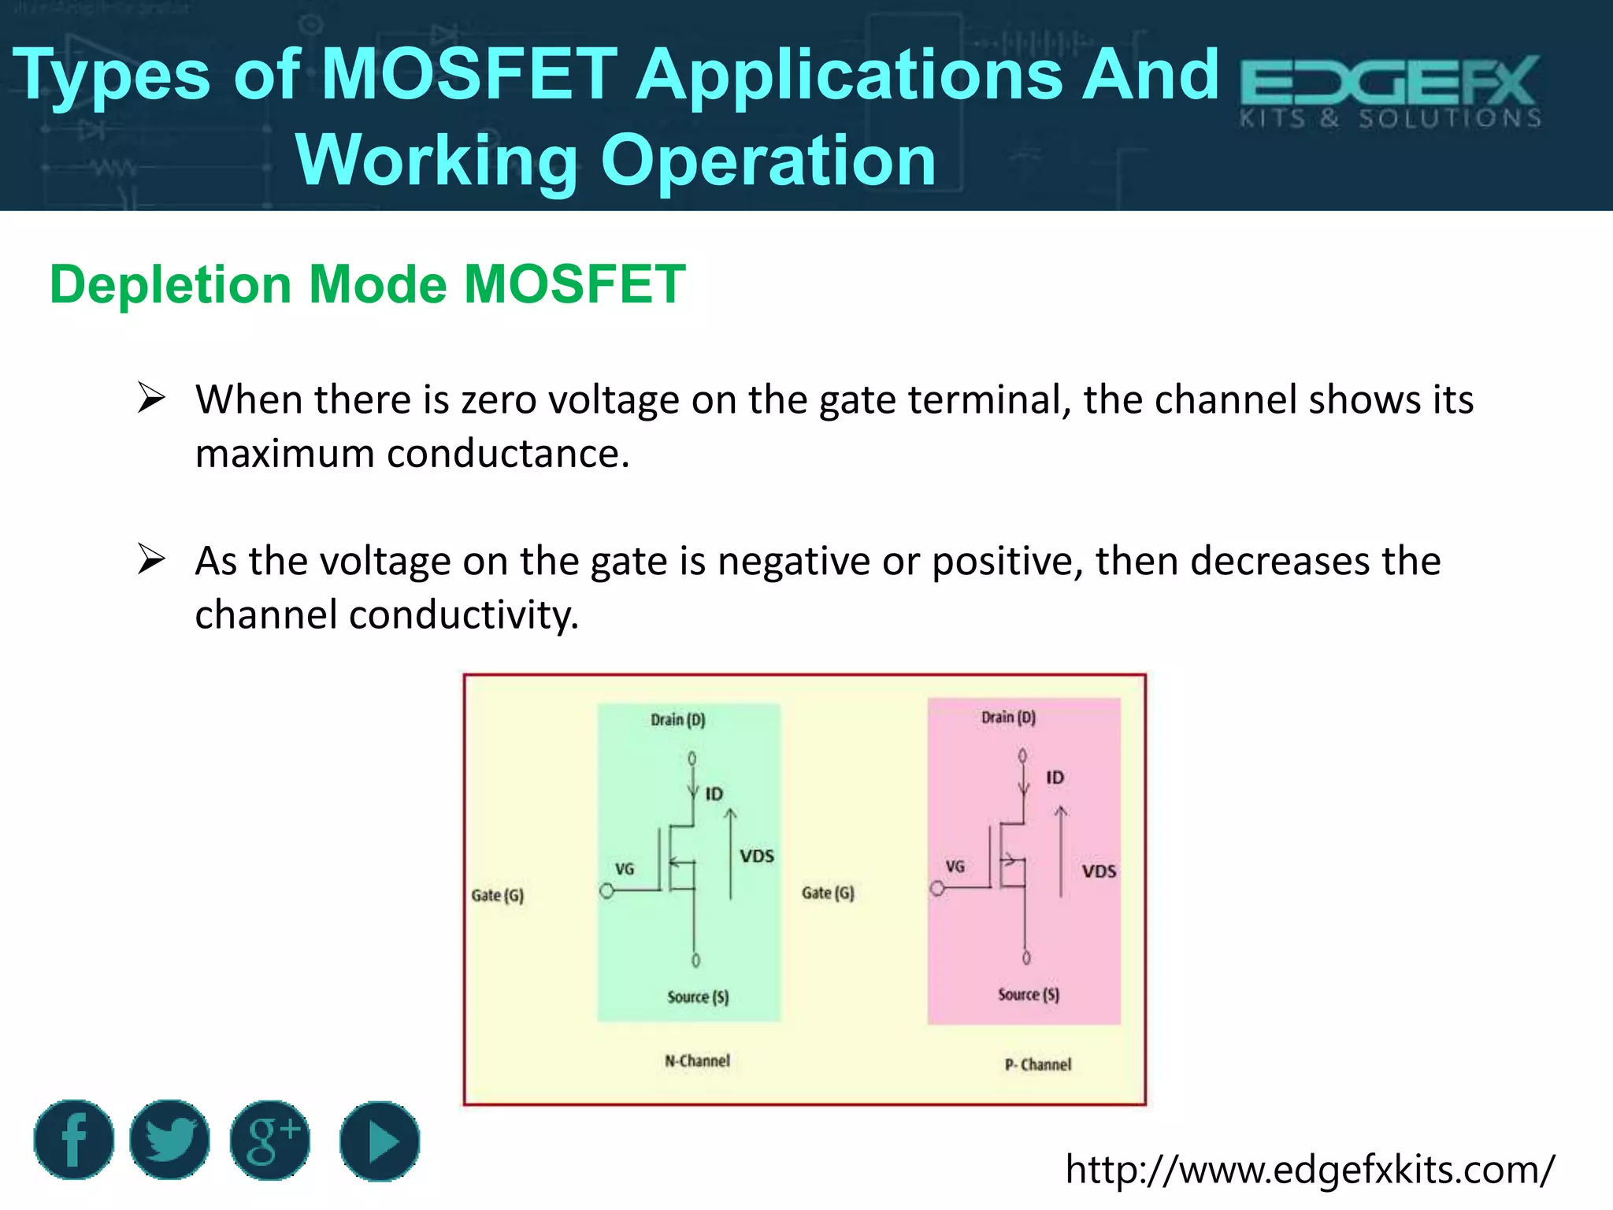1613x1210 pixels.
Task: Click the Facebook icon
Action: [x=74, y=1140]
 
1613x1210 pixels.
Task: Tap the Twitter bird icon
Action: [x=170, y=1140]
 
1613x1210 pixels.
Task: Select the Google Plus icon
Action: [x=270, y=1141]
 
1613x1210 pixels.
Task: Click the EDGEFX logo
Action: [x=1390, y=91]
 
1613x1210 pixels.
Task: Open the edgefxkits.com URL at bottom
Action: [x=1310, y=1169]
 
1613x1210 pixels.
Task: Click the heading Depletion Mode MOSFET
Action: [x=367, y=284]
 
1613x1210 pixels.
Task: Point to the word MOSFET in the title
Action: [x=470, y=74]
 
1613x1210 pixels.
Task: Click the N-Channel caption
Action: [x=697, y=1061]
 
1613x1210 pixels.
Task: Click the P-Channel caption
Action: [x=1037, y=1065]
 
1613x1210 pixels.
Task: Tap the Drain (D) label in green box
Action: [x=677, y=720]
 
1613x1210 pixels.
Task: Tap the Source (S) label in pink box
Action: [x=1028, y=995]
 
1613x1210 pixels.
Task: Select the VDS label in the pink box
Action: [x=1099, y=871]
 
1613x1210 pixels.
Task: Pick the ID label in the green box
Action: [x=714, y=794]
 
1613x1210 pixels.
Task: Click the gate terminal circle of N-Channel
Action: [x=606, y=891]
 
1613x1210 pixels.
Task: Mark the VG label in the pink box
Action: [x=955, y=867]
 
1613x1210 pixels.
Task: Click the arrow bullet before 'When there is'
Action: [x=150, y=398]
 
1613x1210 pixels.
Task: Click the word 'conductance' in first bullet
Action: [x=507, y=455]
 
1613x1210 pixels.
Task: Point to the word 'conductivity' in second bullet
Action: [x=463, y=615]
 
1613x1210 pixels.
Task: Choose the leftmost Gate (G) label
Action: [x=497, y=896]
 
